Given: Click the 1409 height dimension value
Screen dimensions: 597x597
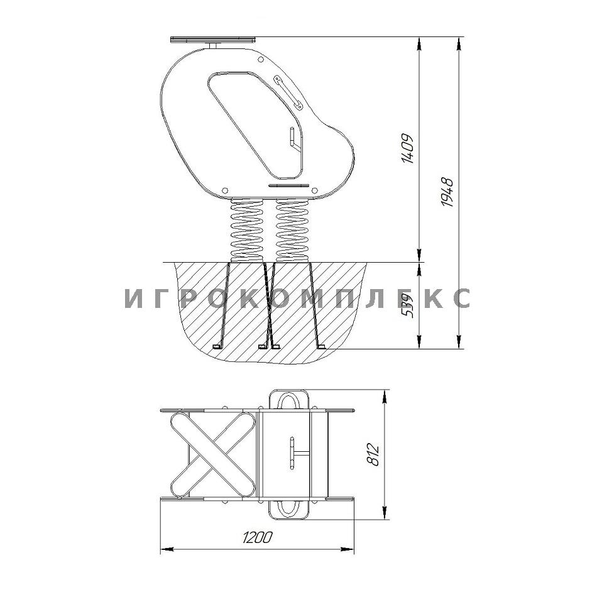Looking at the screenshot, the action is (408, 149).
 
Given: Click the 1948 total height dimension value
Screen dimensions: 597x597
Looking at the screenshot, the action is (448, 192).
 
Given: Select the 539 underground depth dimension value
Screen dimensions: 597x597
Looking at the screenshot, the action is (408, 306).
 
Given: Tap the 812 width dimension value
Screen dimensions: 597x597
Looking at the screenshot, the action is (374, 454).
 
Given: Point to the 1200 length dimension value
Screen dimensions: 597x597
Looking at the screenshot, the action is (258, 537).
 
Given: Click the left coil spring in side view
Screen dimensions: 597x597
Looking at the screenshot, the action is (247, 231).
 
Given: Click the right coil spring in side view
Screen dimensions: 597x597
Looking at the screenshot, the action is (292, 231).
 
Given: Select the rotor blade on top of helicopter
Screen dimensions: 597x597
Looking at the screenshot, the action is (213, 39).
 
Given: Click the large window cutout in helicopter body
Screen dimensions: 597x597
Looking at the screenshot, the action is (256, 124).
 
